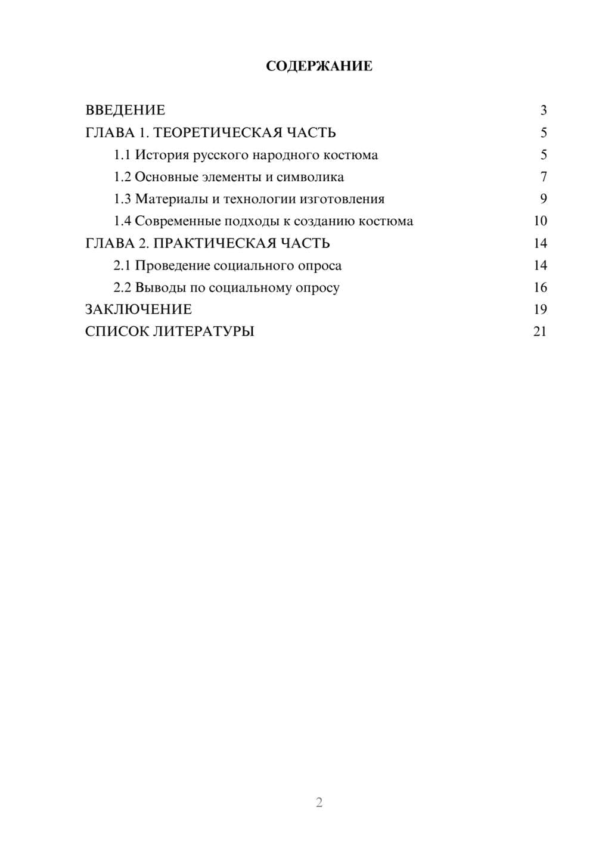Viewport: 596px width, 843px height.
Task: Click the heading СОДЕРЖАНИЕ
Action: [x=319, y=66]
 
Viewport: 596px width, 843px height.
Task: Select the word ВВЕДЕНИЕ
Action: [x=125, y=110]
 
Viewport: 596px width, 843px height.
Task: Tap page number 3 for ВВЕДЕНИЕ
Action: [x=543, y=110]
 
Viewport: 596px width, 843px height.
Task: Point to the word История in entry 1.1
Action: [x=158, y=155]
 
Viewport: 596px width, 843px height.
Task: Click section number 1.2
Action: [x=122, y=177]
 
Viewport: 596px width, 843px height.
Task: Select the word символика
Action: [x=310, y=177]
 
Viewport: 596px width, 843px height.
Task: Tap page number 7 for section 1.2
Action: [x=543, y=177]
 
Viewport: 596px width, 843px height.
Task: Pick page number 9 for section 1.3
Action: [x=543, y=199]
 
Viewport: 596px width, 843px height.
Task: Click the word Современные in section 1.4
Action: [x=177, y=221]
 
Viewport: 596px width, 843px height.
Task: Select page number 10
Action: [x=540, y=221]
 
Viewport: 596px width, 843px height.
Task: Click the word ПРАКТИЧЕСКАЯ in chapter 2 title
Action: [x=210, y=243]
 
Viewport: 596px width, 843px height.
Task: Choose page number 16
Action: [x=540, y=287]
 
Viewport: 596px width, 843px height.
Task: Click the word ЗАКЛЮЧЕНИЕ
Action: [x=138, y=309]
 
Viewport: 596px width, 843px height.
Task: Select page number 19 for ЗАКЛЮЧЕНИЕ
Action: [x=540, y=309]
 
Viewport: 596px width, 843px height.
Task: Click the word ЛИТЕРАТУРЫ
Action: [x=204, y=331]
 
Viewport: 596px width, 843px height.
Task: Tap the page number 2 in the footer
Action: [x=319, y=802]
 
